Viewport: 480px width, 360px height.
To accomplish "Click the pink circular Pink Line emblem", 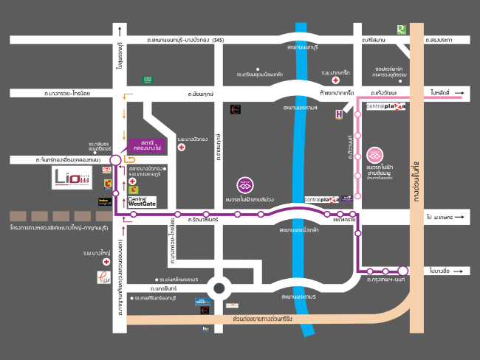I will click(x=376, y=156).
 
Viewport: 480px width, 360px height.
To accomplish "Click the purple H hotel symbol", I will click(x=339, y=113).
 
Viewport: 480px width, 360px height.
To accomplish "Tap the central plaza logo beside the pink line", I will click(x=386, y=108).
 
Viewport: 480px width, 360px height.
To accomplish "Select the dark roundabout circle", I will click(x=219, y=289).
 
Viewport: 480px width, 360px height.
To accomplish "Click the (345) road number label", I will click(x=219, y=39).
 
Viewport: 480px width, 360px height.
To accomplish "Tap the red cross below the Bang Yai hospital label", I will click(x=107, y=262).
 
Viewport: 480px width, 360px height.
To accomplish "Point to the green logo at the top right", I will click(x=401, y=30).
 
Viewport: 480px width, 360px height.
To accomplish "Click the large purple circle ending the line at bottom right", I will click(x=403, y=271).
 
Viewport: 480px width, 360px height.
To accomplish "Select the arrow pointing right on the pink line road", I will click(x=457, y=95).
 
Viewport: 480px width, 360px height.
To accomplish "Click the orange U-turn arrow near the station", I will click(x=130, y=157).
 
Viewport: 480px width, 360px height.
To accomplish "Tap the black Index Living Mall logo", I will click(x=106, y=201).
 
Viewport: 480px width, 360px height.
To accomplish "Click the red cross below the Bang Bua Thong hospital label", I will click(x=181, y=147).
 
